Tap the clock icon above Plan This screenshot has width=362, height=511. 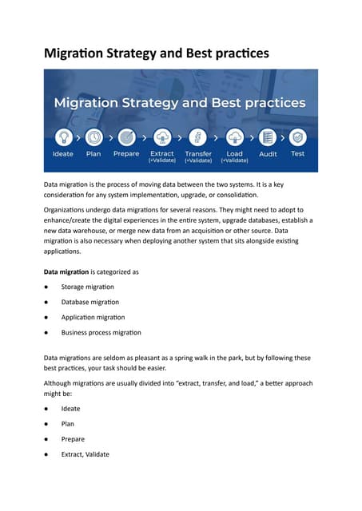[93, 137]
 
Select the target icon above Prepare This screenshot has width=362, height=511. [126, 137]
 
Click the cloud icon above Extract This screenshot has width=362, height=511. [162, 137]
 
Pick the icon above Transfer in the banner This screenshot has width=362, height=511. [198, 137]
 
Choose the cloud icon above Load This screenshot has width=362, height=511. [234, 137]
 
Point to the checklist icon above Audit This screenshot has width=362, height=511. [268, 137]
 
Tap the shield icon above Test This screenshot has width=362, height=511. [297, 137]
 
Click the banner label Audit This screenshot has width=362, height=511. [268, 154]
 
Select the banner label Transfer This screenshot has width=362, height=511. [198, 153]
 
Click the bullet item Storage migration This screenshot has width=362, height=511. [87, 287]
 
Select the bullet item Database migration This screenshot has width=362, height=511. [90, 302]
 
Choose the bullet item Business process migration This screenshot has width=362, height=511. [101, 332]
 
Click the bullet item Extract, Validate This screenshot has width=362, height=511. [85, 454]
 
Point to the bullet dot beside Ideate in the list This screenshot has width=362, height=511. [48, 409]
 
